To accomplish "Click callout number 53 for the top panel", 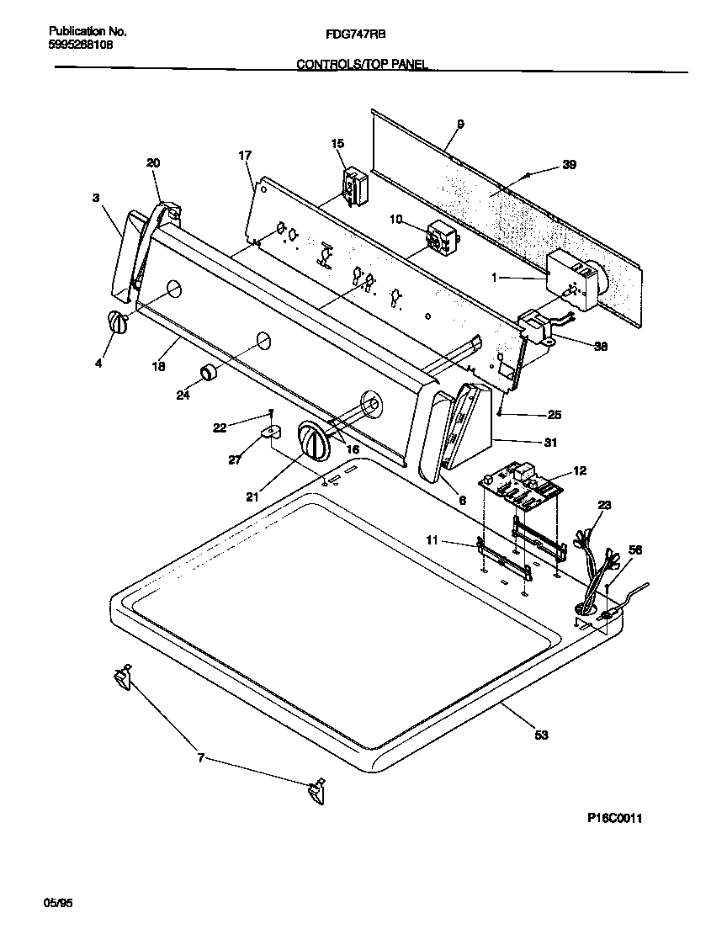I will (541, 735).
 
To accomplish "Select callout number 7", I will (200, 758).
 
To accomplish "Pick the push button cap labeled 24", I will (208, 372).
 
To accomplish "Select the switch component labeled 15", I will (353, 184).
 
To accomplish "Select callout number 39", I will (570, 166).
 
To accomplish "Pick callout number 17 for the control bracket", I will (245, 156).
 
